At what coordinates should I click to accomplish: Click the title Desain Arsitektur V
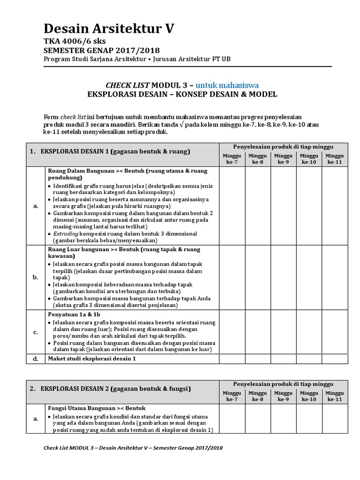[x=108, y=30]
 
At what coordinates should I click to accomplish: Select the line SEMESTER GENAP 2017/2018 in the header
[x=101, y=51]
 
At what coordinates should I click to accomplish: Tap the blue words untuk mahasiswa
[x=227, y=85]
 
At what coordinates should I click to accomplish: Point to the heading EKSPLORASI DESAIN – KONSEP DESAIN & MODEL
[x=182, y=94]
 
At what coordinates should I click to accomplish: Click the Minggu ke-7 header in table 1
[x=232, y=159]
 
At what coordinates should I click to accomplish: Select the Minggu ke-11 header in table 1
[x=334, y=159]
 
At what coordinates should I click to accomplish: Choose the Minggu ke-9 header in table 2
[x=283, y=396]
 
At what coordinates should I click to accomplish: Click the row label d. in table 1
[x=35, y=359]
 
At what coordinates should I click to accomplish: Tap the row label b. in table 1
[x=35, y=277]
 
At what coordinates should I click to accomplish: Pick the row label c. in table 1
[x=35, y=332]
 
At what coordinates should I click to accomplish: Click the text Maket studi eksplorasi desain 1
[x=92, y=359]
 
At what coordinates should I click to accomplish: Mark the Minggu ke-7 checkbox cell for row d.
[x=232, y=359]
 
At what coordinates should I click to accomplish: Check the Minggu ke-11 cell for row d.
[x=334, y=359]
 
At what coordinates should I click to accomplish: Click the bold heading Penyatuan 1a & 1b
[x=74, y=314]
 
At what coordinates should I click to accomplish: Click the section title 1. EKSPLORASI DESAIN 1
[x=109, y=151]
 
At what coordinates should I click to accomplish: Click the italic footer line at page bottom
[x=133, y=448]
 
